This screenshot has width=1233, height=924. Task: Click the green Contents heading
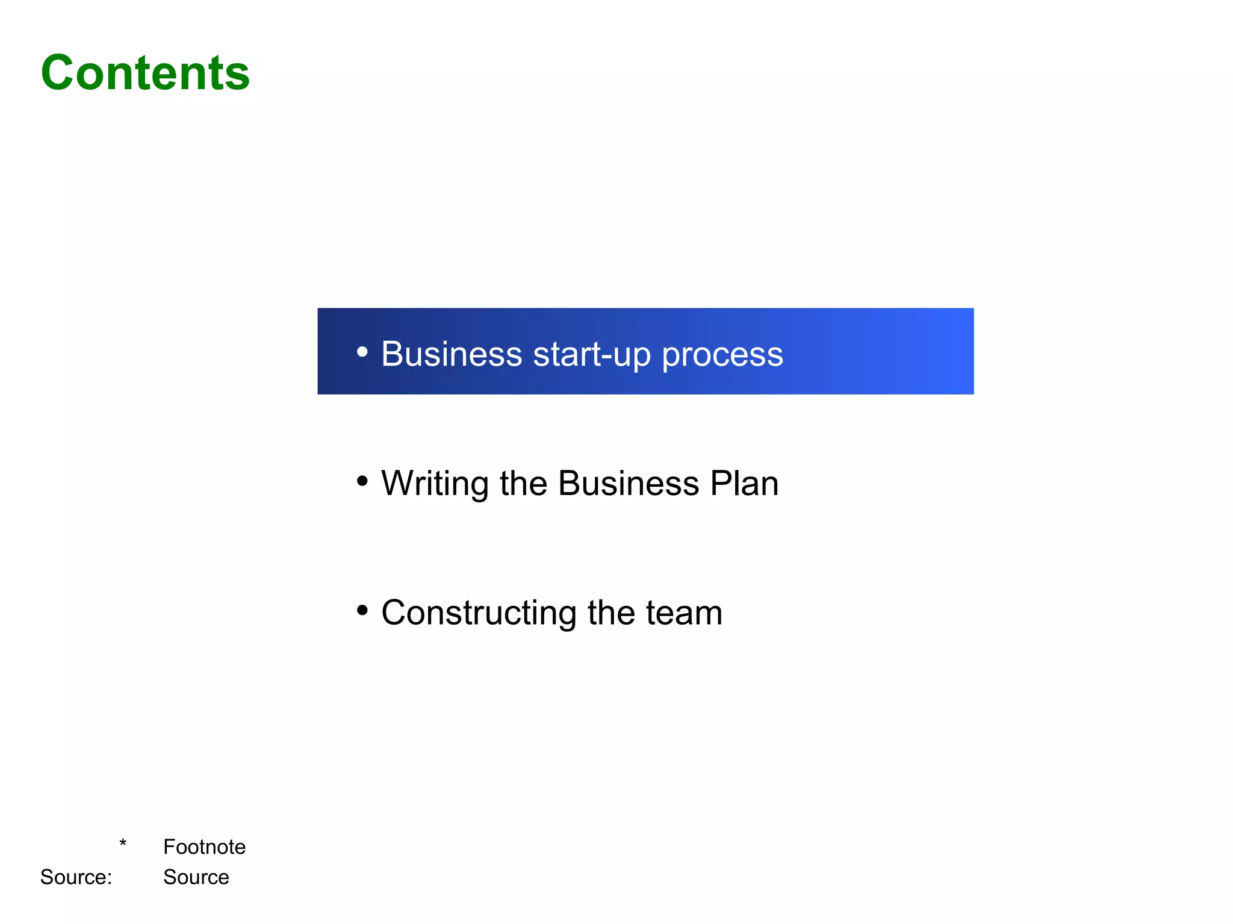(145, 73)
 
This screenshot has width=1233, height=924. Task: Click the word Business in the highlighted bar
(452, 354)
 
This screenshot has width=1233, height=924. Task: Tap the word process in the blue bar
(722, 356)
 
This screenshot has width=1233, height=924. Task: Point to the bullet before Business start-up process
(362, 351)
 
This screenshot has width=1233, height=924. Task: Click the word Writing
(435, 484)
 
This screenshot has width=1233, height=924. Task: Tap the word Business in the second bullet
(629, 483)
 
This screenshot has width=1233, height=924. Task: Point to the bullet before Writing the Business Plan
(362, 481)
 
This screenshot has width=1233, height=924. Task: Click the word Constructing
(479, 613)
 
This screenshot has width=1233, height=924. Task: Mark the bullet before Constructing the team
(362, 610)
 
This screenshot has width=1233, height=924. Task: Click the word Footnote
(204, 847)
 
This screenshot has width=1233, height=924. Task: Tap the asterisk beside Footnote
(123, 843)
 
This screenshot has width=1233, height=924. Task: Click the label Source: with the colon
(76, 877)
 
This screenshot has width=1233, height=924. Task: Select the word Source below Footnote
(196, 877)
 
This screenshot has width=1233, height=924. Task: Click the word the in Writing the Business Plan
(523, 483)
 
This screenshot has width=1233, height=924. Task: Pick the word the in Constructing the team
(611, 613)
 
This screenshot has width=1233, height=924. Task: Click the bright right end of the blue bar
(957, 351)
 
